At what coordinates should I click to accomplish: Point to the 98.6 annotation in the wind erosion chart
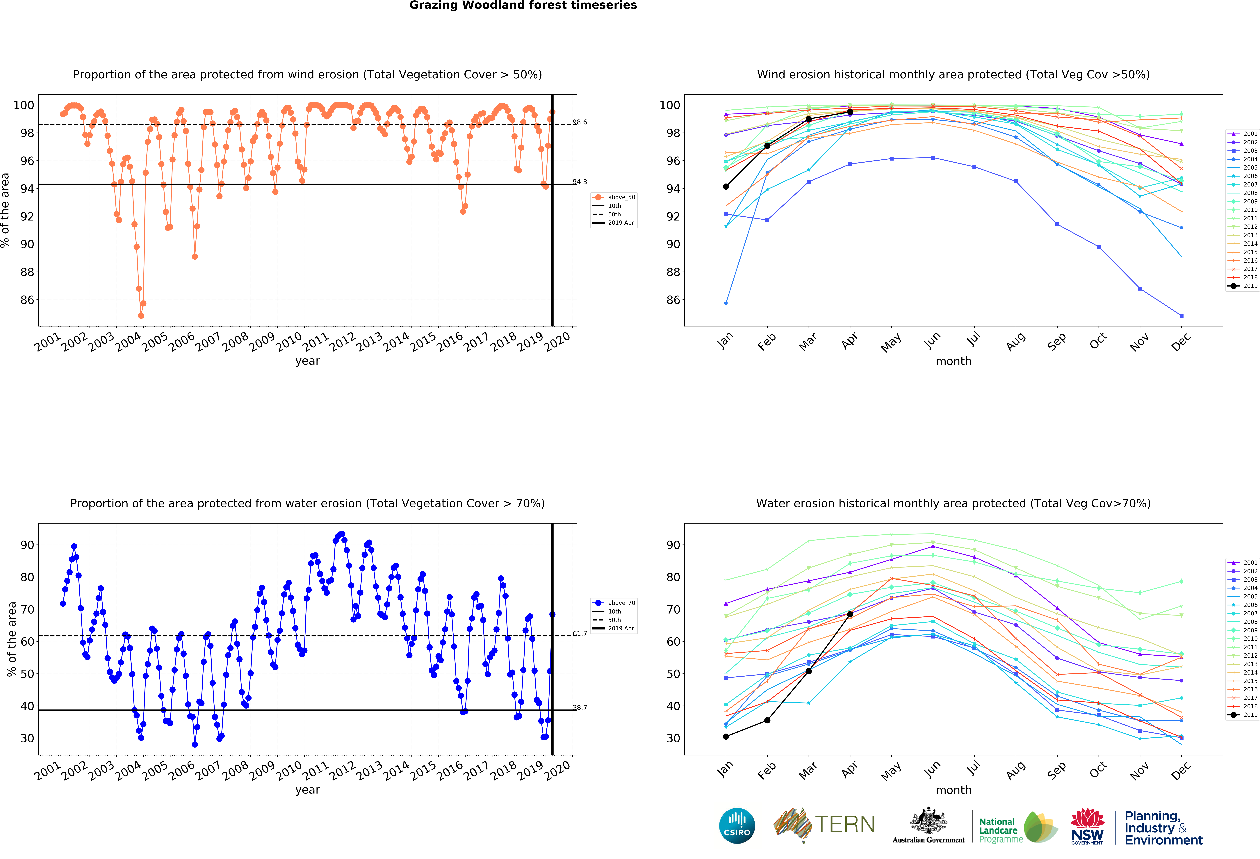click(x=580, y=122)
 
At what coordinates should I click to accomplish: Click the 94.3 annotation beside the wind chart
click(x=580, y=182)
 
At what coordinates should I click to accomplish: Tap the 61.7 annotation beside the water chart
click(x=580, y=633)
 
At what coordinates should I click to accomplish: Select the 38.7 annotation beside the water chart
click(x=580, y=708)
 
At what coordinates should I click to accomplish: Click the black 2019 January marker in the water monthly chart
click(x=726, y=736)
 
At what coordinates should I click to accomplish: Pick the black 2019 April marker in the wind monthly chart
click(x=850, y=112)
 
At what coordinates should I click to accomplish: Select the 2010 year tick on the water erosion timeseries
click(x=289, y=770)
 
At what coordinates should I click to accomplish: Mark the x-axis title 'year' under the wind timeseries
click(x=307, y=361)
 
